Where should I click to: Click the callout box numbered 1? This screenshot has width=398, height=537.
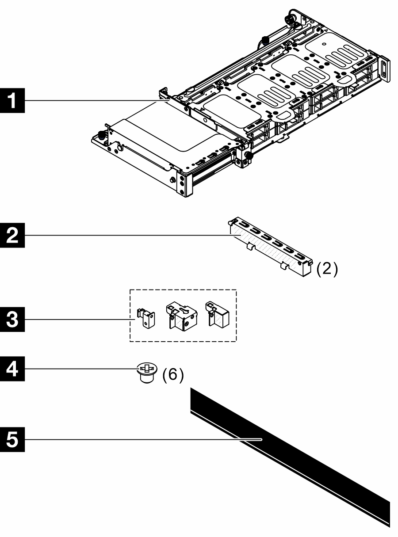click(x=13, y=100)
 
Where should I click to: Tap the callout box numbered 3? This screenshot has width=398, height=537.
click(x=13, y=317)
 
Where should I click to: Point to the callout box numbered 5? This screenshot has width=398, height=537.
click(x=13, y=439)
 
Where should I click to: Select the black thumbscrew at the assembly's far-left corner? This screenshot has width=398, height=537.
click(x=101, y=136)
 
